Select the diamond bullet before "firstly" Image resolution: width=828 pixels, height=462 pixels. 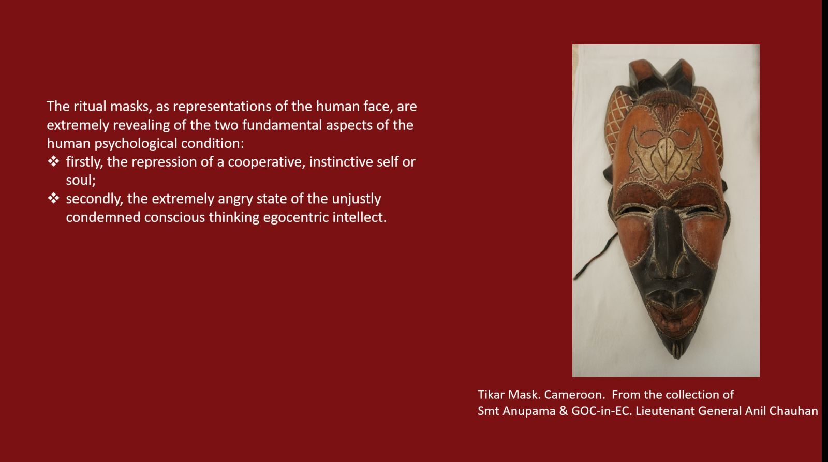[x=53, y=161]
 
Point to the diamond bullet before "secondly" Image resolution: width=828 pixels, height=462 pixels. [x=53, y=199]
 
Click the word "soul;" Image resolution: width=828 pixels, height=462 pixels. [x=81, y=181]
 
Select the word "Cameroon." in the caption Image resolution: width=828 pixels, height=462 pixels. [x=574, y=395]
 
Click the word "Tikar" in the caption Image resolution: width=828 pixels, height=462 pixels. [x=491, y=395]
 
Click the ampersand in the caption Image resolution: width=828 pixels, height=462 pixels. [x=564, y=411]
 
